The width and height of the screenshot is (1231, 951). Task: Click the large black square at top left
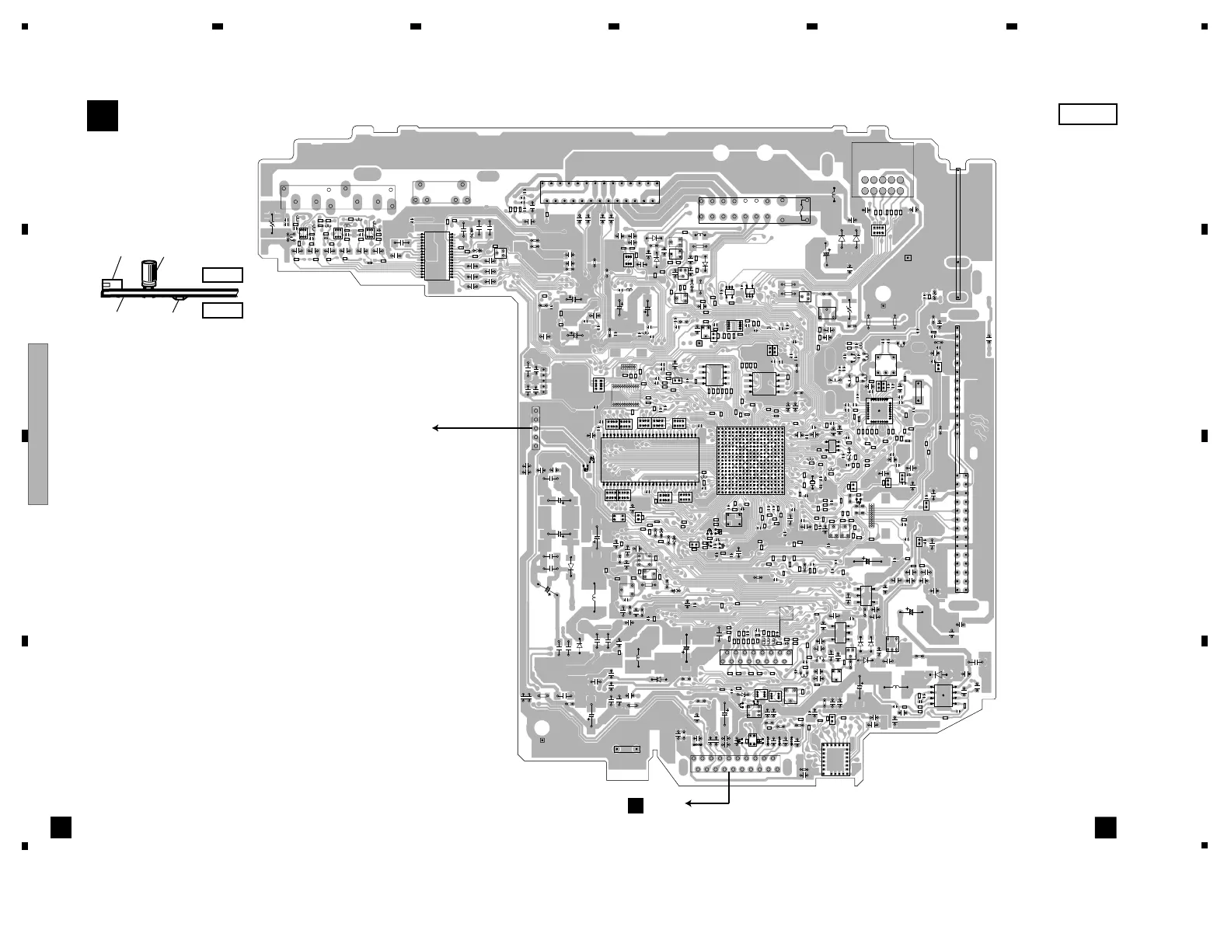coord(102,116)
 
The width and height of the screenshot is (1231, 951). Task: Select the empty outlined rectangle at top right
coord(1087,114)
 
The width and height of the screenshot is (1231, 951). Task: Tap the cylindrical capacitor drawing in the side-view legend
coord(148,273)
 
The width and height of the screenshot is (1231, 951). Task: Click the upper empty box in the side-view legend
coord(222,274)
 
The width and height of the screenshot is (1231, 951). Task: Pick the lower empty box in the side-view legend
coord(222,311)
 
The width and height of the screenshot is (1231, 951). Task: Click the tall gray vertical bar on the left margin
coord(38,423)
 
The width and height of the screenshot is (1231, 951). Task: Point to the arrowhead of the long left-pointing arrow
coord(436,427)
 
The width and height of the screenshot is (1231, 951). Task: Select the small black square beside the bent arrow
coord(636,805)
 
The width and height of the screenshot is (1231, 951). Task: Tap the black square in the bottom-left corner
coord(61,827)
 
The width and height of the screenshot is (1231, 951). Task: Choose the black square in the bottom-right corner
coord(1105,827)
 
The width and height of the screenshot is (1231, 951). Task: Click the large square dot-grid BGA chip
coord(750,459)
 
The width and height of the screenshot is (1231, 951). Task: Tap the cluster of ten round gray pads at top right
coord(882,185)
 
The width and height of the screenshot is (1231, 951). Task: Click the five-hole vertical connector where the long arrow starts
coord(535,428)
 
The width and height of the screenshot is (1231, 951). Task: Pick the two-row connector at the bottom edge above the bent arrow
coord(735,765)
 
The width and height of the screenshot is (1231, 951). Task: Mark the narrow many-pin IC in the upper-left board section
coord(436,256)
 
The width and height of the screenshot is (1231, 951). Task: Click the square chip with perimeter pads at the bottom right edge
coord(837,761)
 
